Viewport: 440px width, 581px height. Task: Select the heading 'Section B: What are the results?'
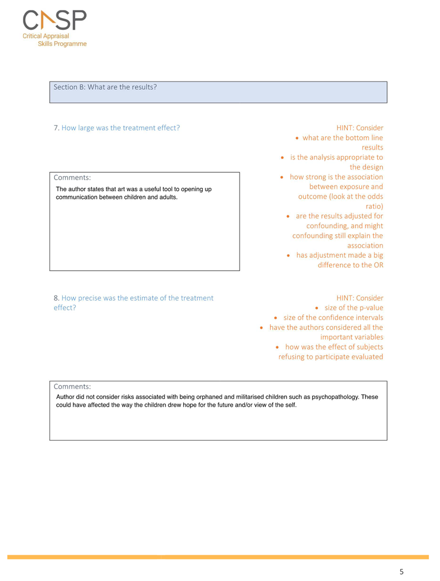coord(105,87)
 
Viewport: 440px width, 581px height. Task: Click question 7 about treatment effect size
coord(117,127)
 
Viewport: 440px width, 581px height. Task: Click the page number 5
coord(401,571)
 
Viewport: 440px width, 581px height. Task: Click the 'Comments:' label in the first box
coord(72,177)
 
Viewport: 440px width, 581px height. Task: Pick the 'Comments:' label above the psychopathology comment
coord(72,386)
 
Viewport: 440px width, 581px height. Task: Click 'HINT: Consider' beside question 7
coord(360,127)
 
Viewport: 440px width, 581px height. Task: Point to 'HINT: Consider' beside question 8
coord(360,298)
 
